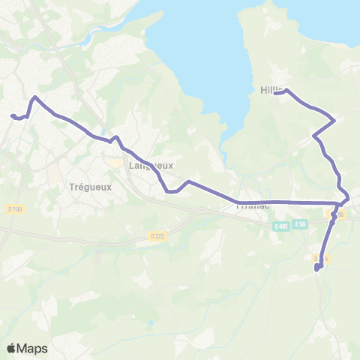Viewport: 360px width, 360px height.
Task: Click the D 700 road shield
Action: coord(13,208)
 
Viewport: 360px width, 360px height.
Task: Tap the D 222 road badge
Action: coord(156,235)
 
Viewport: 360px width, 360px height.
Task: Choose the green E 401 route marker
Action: coord(281,225)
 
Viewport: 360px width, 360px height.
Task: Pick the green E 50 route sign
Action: coord(301,224)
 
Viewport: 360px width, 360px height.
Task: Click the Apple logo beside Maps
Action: coord(11,348)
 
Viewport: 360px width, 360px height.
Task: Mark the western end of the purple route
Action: coord(12,115)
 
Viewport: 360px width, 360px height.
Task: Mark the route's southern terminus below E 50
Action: coord(317,268)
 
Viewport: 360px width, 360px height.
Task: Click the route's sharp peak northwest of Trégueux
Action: coord(34,97)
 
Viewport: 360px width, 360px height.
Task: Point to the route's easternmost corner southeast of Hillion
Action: coord(333,119)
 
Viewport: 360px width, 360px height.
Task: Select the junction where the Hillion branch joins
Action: coord(342,202)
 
